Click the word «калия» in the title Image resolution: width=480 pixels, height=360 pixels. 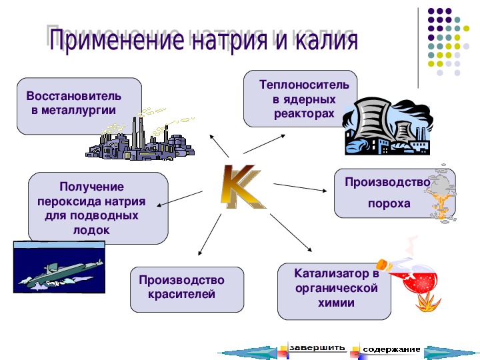[327, 40]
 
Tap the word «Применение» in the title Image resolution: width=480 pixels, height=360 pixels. [116, 40]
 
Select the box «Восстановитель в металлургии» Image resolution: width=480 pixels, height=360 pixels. [79, 106]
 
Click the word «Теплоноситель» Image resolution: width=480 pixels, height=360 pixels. [304, 85]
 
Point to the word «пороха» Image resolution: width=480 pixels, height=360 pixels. [389, 203]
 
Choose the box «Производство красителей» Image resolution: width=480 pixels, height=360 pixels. [187, 289]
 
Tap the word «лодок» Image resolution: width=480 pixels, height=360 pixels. [91, 230]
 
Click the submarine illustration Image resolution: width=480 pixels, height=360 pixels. [59, 267]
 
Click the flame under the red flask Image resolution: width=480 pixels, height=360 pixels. [427, 303]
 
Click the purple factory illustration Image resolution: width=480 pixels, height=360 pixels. [140, 139]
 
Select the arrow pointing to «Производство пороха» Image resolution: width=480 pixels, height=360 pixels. [300, 187]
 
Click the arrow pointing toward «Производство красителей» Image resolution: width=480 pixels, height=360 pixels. [210, 235]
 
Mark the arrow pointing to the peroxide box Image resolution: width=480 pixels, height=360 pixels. [179, 199]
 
